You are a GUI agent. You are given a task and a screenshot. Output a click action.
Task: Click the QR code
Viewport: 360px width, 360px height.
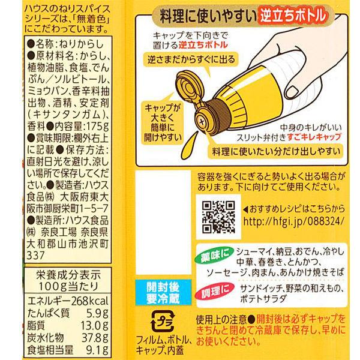click(218, 217)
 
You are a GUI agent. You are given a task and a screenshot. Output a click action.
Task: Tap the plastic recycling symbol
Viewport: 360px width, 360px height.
click(163, 322)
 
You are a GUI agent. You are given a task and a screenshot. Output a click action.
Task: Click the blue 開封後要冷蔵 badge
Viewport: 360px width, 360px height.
click(163, 293)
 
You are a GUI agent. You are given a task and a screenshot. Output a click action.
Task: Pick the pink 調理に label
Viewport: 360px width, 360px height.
click(215, 292)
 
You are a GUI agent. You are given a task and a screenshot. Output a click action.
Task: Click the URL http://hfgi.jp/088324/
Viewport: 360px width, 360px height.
click(294, 221)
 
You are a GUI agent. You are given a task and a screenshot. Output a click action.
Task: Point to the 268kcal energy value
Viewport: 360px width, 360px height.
click(89, 301)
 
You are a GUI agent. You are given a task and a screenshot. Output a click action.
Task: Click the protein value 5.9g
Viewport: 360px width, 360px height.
click(97, 313)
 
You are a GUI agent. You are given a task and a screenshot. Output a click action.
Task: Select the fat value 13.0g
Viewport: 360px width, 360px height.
click(94, 326)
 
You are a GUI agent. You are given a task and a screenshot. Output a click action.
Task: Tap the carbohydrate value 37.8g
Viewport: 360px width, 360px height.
click(95, 338)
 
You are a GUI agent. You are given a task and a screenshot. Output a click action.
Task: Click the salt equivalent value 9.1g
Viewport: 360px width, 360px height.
click(97, 350)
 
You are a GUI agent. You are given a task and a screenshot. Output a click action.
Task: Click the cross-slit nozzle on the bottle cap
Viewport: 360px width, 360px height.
click(202, 121)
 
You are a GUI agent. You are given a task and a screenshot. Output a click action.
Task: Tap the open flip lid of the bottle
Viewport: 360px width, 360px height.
click(187, 86)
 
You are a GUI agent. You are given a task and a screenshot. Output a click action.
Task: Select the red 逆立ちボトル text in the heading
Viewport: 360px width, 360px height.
click(293, 16)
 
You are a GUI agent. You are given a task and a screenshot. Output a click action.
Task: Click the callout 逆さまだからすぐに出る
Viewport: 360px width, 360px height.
click(191, 59)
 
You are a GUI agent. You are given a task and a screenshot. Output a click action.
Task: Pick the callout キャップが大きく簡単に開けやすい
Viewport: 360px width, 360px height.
click(163, 122)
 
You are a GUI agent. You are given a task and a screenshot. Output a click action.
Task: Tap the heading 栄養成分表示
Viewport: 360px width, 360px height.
click(68, 275)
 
